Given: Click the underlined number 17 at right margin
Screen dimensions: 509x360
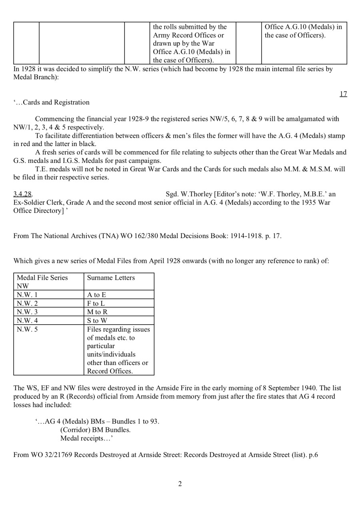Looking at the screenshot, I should point(343,94).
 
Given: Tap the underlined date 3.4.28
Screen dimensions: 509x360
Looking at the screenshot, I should point(22,194).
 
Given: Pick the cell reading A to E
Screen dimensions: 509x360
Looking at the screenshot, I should point(96,295).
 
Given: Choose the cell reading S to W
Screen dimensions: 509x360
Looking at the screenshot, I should point(97,320).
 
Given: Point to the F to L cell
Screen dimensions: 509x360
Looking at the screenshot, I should point(96,303).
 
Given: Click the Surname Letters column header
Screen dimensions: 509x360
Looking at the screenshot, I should point(111,278).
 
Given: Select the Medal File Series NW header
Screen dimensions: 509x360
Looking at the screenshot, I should point(42,282).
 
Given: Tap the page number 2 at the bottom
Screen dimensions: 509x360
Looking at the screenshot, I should point(180,484).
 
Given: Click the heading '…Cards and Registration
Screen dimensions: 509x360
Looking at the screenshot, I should point(52,102).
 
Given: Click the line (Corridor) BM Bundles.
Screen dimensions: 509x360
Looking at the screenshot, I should point(95,430).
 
